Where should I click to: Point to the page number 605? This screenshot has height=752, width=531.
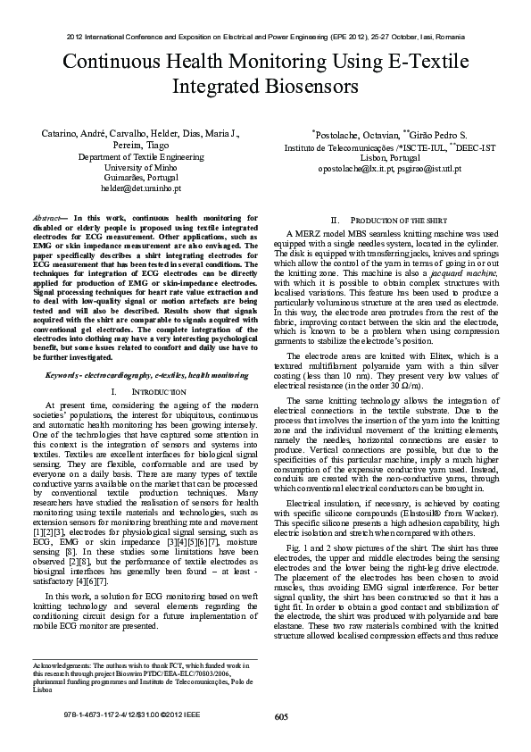click(x=281, y=717)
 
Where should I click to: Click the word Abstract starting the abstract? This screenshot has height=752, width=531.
click(x=47, y=218)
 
